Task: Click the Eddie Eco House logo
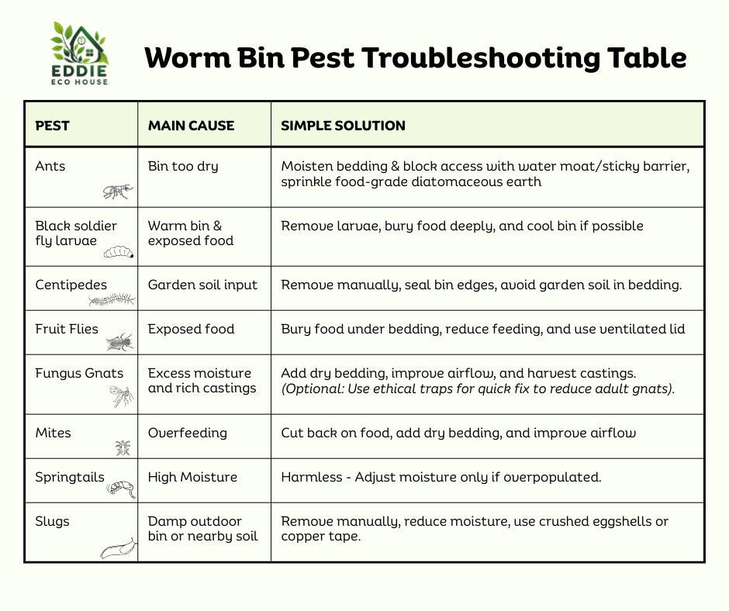click(x=80, y=53)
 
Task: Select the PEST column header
click(x=53, y=126)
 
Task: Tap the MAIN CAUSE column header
click(x=191, y=126)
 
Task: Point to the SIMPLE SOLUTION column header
click(x=343, y=126)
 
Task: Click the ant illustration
click(x=118, y=191)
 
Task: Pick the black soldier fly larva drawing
click(x=119, y=251)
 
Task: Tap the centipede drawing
click(x=112, y=299)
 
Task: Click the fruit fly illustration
click(x=120, y=340)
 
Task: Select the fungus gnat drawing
click(x=121, y=396)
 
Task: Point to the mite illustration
click(x=123, y=447)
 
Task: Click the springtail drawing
click(x=121, y=487)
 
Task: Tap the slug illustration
click(x=119, y=549)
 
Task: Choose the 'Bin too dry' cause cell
click(x=183, y=166)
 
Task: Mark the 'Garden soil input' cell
click(x=202, y=285)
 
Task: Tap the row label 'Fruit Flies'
click(x=67, y=329)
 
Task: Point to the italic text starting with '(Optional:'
click(x=478, y=388)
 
